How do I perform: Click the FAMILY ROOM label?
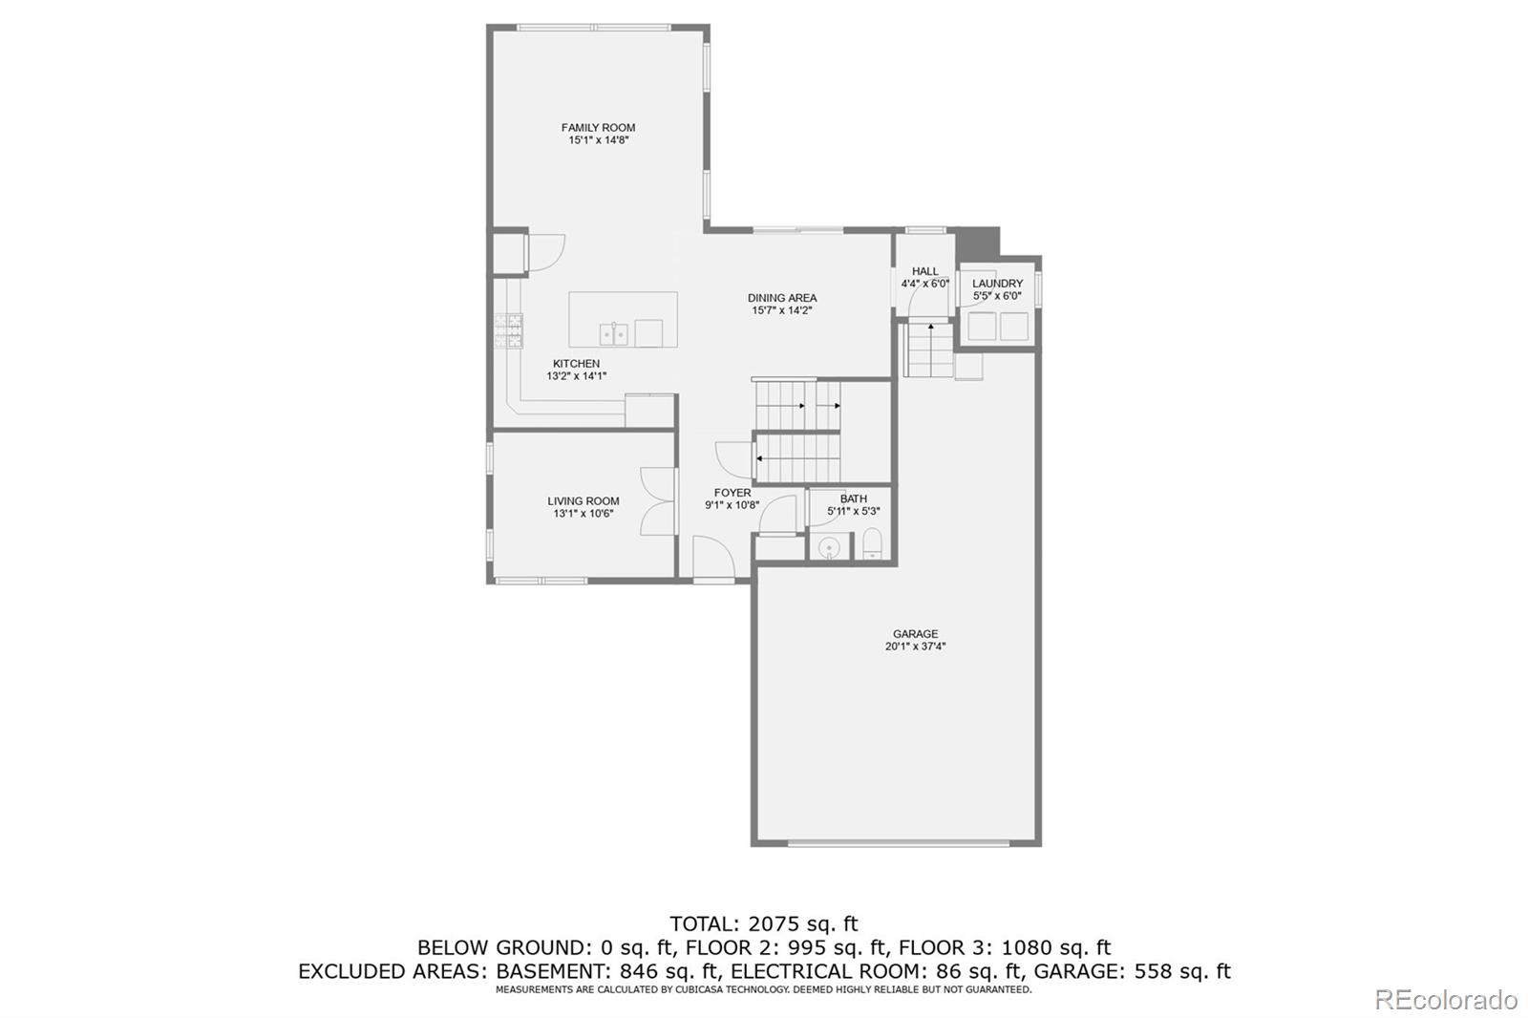coord(598,127)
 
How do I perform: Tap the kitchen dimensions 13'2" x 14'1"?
coord(576,376)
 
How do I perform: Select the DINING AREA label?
coord(781,298)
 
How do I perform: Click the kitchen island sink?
coord(613,333)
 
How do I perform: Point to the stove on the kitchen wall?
coord(508,329)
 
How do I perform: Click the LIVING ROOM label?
coord(583,500)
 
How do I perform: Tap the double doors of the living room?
coord(658,499)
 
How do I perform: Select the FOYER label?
coord(732,493)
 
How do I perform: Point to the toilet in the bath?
coord(873,546)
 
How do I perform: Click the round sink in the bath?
coord(829,547)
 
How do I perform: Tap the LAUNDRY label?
coord(997,284)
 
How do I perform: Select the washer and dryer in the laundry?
coord(998,327)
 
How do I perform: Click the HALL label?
coord(924,271)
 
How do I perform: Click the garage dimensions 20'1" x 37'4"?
coord(915,647)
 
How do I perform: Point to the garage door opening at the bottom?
coord(898,843)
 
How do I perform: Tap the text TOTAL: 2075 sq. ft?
coord(763,923)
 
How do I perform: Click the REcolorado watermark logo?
coord(1445,999)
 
